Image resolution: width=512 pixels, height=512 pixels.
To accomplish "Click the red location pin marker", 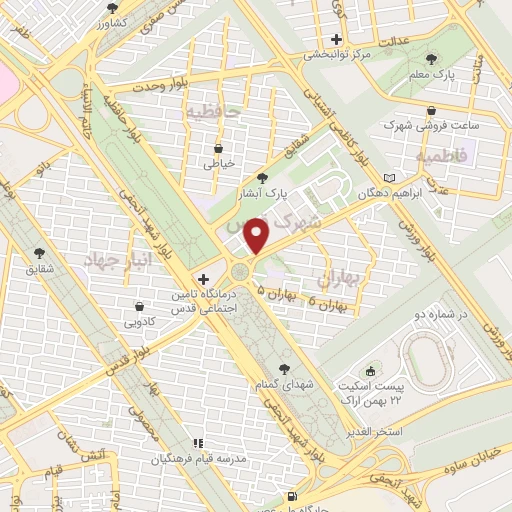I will [x=258, y=236].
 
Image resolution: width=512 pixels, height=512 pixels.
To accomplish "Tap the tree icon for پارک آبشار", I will [x=262, y=177].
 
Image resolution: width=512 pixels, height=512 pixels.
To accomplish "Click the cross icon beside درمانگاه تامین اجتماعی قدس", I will [x=204, y=279].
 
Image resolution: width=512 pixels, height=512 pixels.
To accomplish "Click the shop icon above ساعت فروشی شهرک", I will [x=431, y=110].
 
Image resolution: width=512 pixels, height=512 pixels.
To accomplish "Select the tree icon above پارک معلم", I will [x=431, y=59].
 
